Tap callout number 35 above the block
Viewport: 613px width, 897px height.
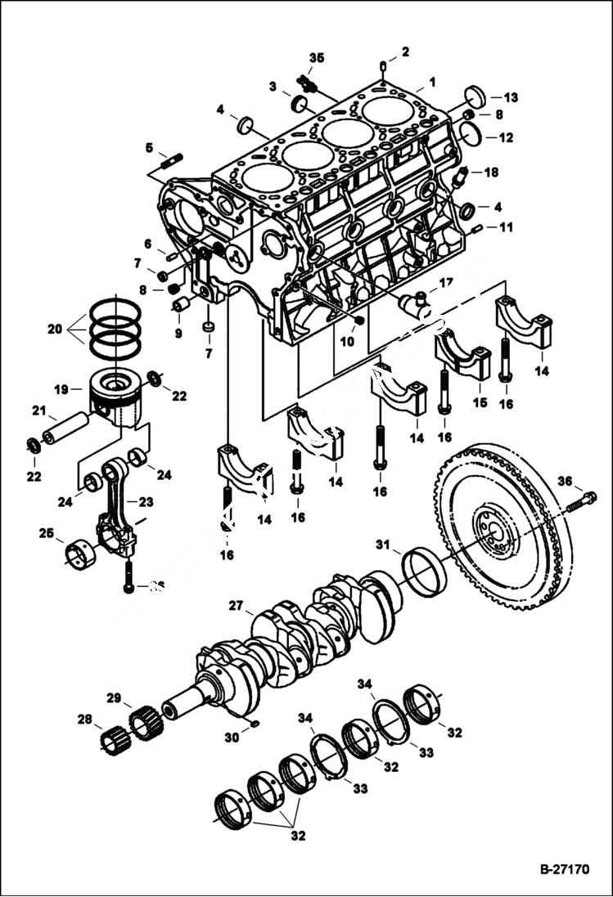[x=316, y=57]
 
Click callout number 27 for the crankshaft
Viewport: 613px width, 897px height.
[x=236, y=606]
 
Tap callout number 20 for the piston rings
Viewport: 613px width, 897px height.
[x=55, y=330]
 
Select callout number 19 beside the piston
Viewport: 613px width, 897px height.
[x=61, y=390]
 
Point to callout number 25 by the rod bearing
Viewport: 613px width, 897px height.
[x=47, y=533]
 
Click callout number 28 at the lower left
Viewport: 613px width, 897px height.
[x=85, y=720]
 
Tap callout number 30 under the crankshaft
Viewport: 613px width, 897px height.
[x=232, y=737]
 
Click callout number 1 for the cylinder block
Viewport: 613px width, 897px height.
[x=433, y=82]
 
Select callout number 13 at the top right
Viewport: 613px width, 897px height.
[x=511, y=97]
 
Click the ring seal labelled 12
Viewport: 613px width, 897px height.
[x=471, y=133]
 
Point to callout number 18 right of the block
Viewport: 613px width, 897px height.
[x=491, y=173]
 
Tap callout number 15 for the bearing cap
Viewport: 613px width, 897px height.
[x=479, y=402]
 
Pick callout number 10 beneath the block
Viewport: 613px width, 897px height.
[x=347, y=341]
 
